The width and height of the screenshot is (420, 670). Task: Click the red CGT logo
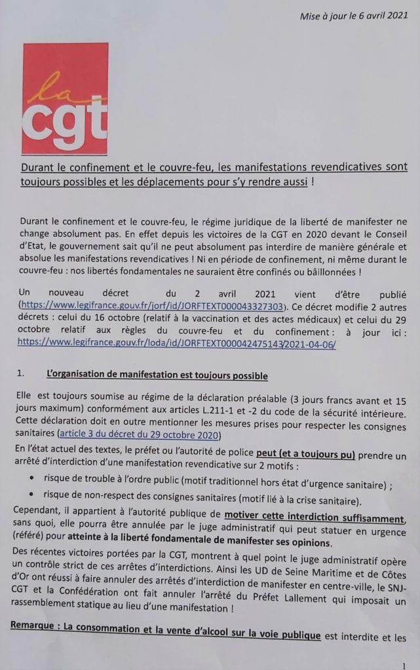tap(64, 97)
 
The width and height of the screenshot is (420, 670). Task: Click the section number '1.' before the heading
tap(21, 375)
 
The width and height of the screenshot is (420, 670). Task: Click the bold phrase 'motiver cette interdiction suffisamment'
tap(313, 519)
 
